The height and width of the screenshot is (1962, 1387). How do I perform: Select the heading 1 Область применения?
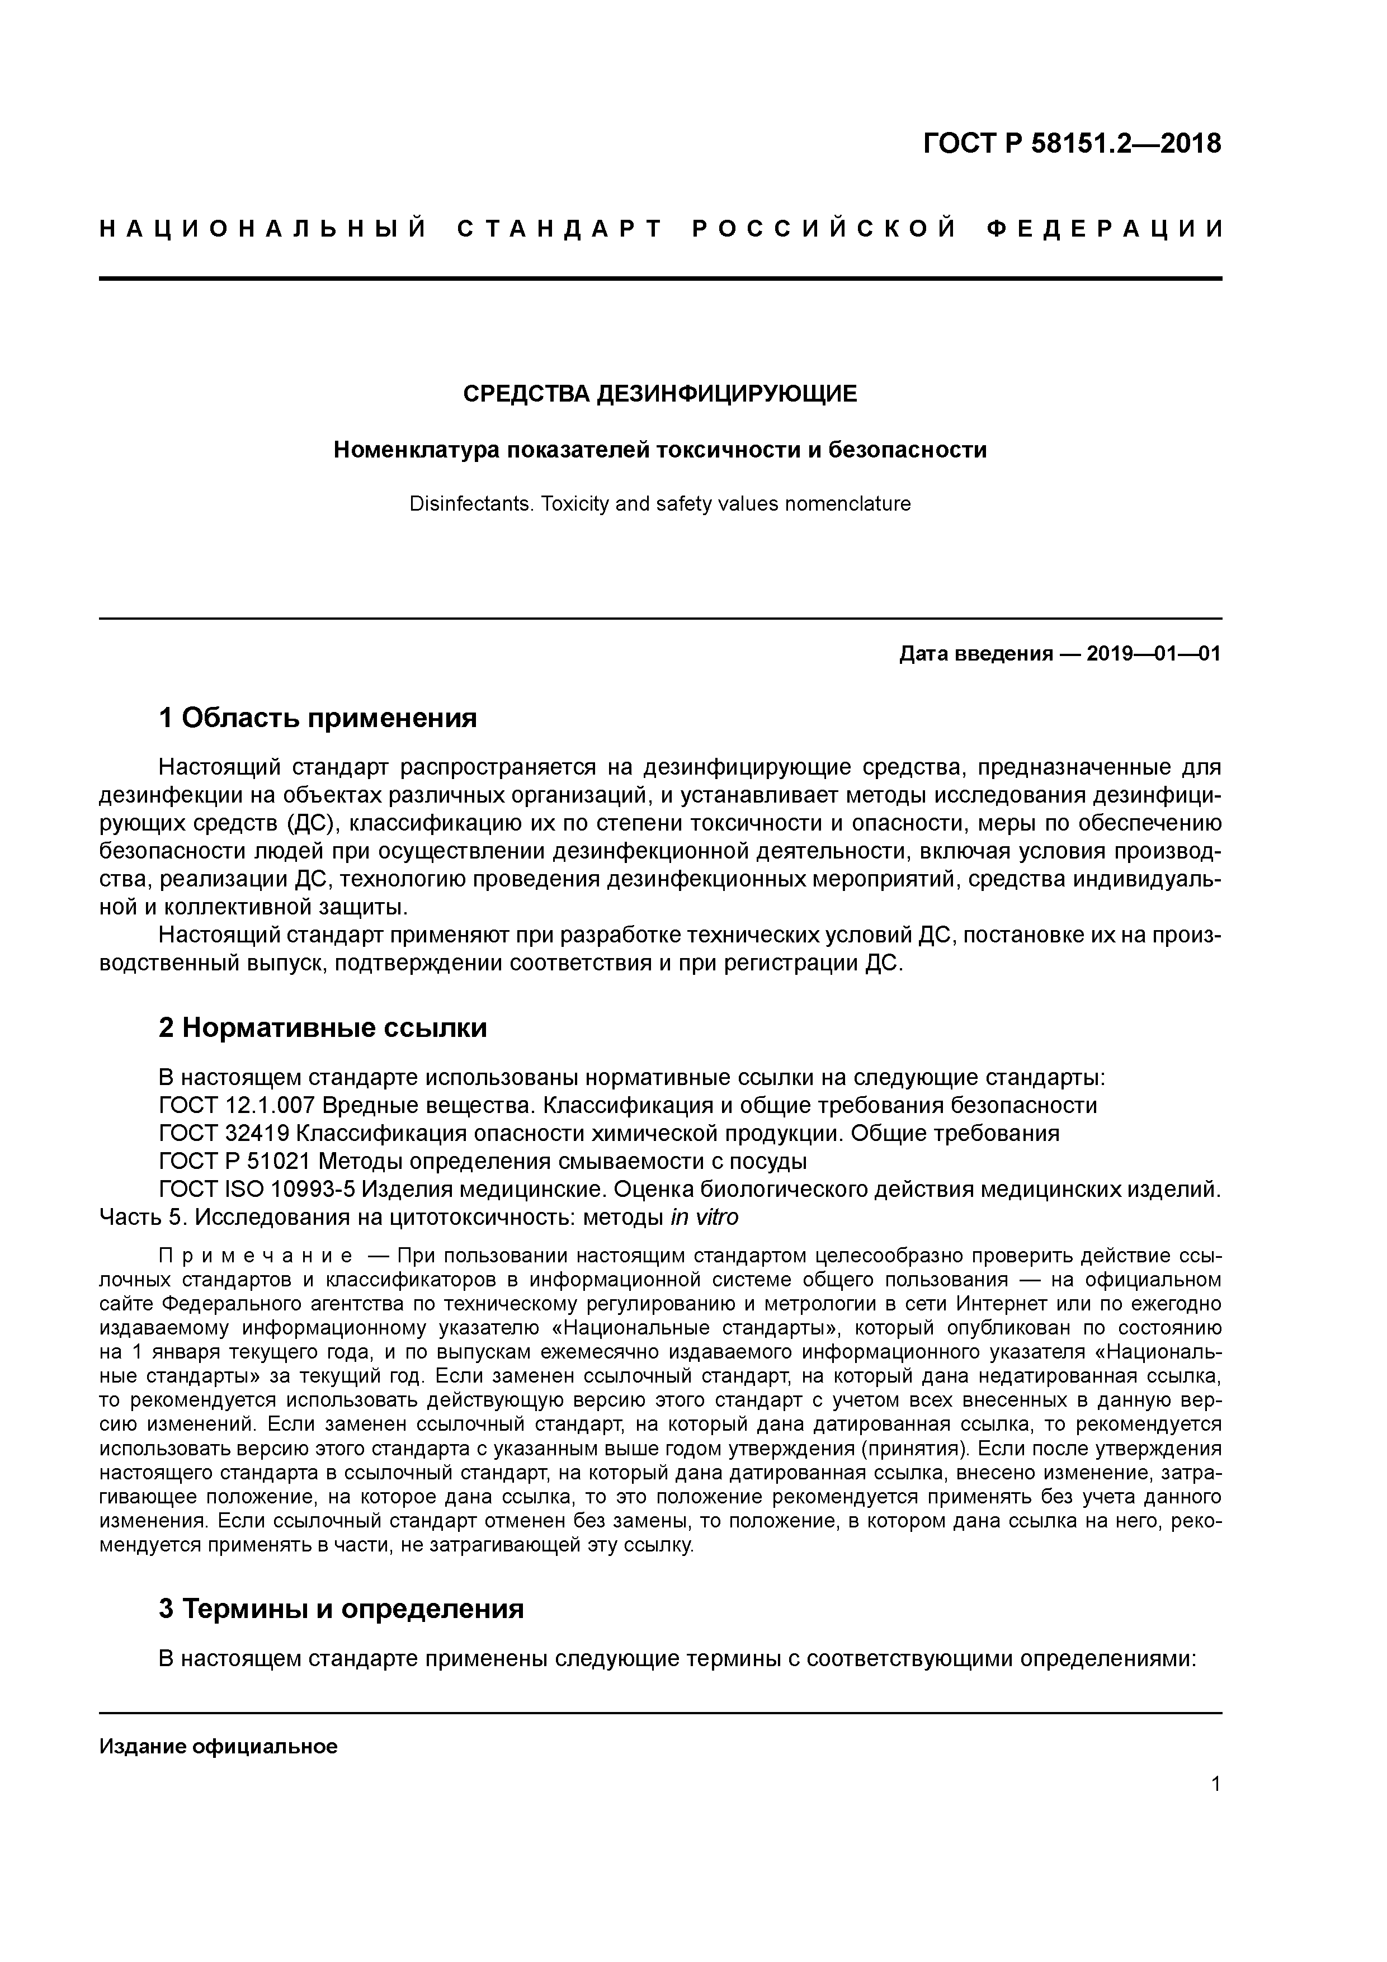click(318, 718)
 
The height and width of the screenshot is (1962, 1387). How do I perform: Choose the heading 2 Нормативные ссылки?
click(323, 1027)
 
